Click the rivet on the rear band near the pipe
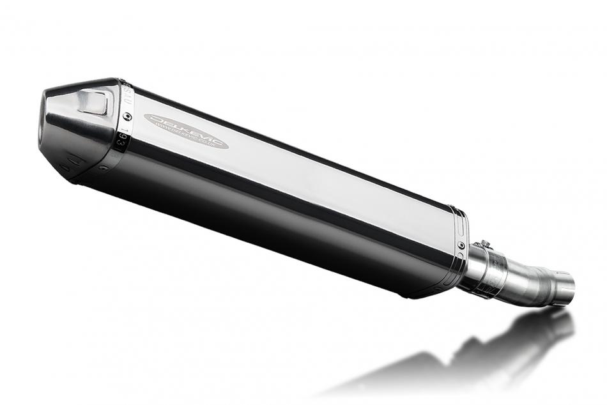(x=461, y=245)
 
